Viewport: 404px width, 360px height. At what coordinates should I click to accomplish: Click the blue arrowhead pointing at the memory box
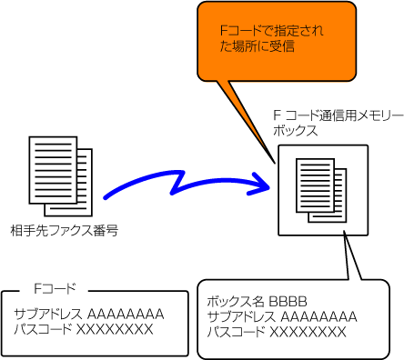pyautogui.click(x=261, y=185)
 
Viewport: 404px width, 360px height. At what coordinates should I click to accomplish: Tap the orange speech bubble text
pyautogui.click(x=271, y=39)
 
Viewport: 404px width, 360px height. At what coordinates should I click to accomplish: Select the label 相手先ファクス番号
pyautogui.click(x=65, y=231)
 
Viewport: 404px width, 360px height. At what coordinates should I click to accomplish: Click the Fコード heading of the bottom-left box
pyautogui.click(x=55, y=288)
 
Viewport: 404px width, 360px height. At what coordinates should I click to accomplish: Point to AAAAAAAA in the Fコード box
pyautogui.click(x=126, y=315)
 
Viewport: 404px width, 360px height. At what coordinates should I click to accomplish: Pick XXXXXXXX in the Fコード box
pyautogui.click(x=115, y=329)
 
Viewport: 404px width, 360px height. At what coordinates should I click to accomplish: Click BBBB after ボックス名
pyautogui.click(x=288, y=302)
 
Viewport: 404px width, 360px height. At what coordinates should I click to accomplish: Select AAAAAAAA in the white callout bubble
pyautogui.click(x=318, y=317)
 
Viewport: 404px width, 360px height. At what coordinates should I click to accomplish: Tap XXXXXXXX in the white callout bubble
pyautogui.click(x=308, y=332)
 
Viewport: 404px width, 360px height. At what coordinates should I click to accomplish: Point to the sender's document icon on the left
pyautogui.click(x=61, y=176)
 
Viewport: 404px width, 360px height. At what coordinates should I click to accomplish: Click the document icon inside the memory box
pyautogui.click(x=321, y=190)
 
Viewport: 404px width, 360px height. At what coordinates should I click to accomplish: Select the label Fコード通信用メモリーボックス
pyautogui.click(x=338, y=124)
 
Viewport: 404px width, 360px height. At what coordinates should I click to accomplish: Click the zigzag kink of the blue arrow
pyautogui.click(x=178, y=183)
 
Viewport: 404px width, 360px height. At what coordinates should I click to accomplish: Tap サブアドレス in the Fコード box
pyautogui.click(x=48, y=315)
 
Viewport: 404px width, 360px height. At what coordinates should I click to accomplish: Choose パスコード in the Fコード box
pyautogui.click(x=43, y=329)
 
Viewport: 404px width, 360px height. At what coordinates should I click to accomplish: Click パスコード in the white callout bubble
pyautogui.click(x=237, y=332)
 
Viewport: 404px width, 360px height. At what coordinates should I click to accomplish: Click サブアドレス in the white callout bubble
pyautogui.click(x=241, y=317)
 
